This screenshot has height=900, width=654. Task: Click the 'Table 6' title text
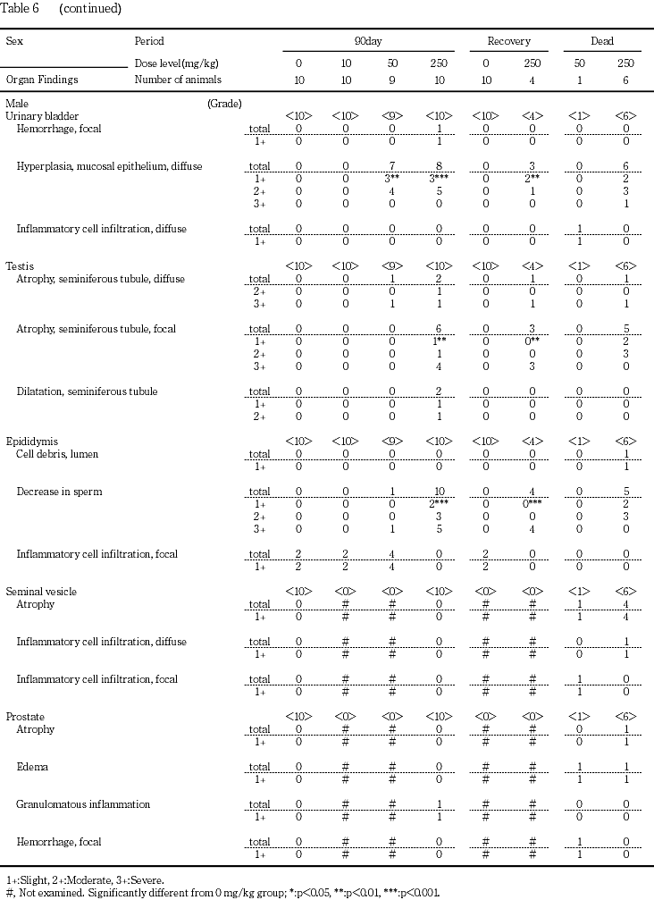pos(22,9)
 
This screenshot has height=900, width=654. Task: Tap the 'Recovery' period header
pos(508,41)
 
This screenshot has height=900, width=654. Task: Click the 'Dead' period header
pos(601,41)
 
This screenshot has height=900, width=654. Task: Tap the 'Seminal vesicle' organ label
pos(37,592)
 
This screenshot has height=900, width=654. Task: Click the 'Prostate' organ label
pos(25,717)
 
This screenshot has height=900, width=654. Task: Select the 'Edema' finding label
pos(32,767)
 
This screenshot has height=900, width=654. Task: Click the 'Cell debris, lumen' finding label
pos(57,454)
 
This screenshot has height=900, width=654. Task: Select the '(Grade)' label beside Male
pos(223,104)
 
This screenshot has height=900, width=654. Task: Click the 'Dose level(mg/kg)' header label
pos(176,64)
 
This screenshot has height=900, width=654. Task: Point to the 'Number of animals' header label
pos(177,80)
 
